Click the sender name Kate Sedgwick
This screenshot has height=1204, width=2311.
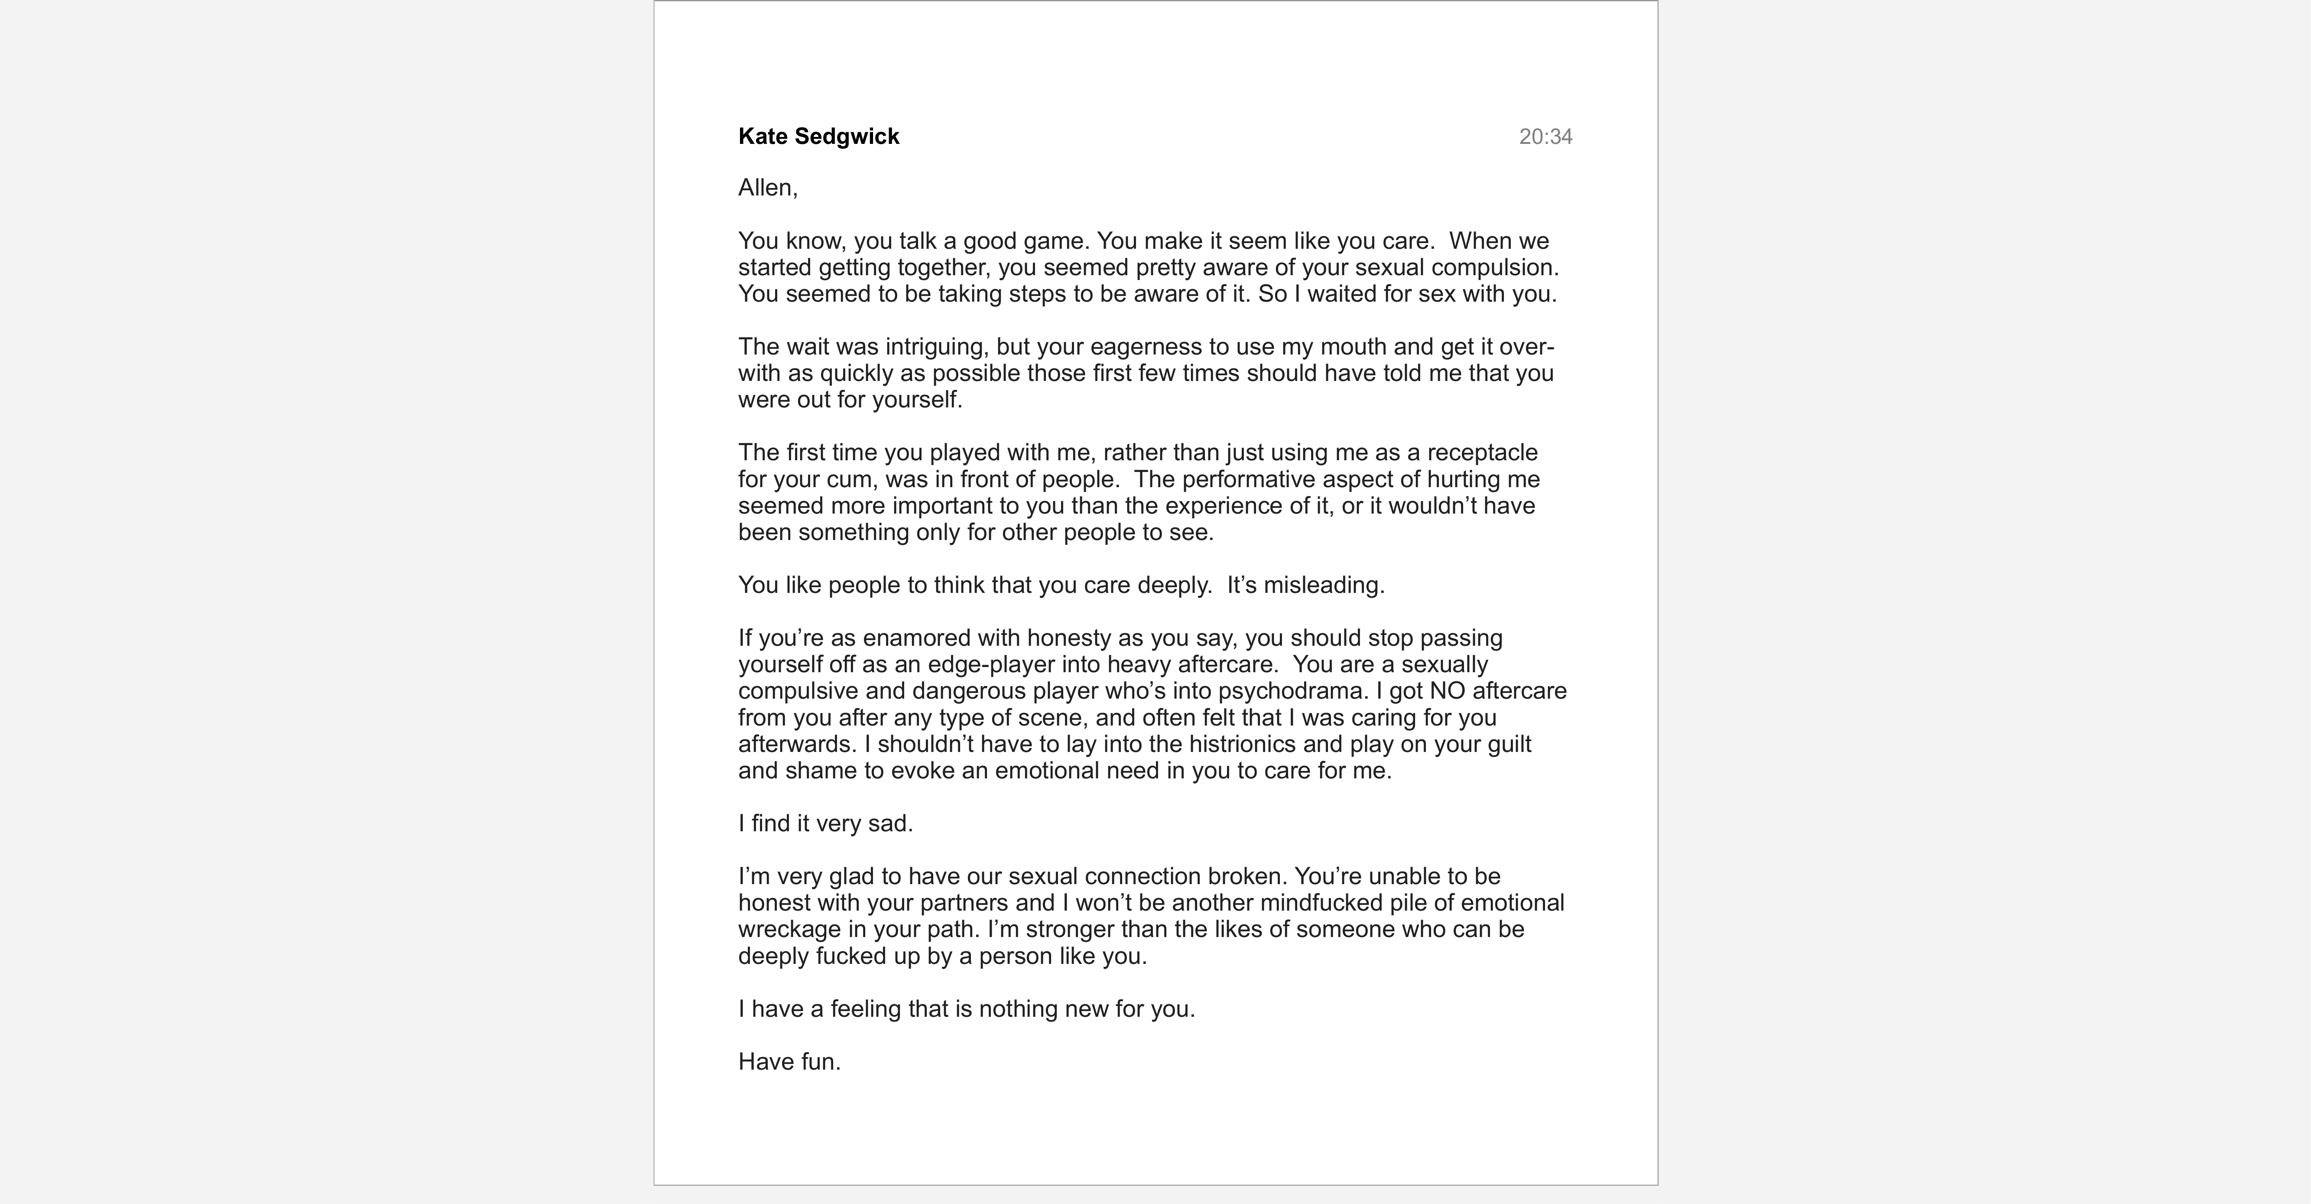pos(818,137)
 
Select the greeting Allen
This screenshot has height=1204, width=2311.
pos(767,188)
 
